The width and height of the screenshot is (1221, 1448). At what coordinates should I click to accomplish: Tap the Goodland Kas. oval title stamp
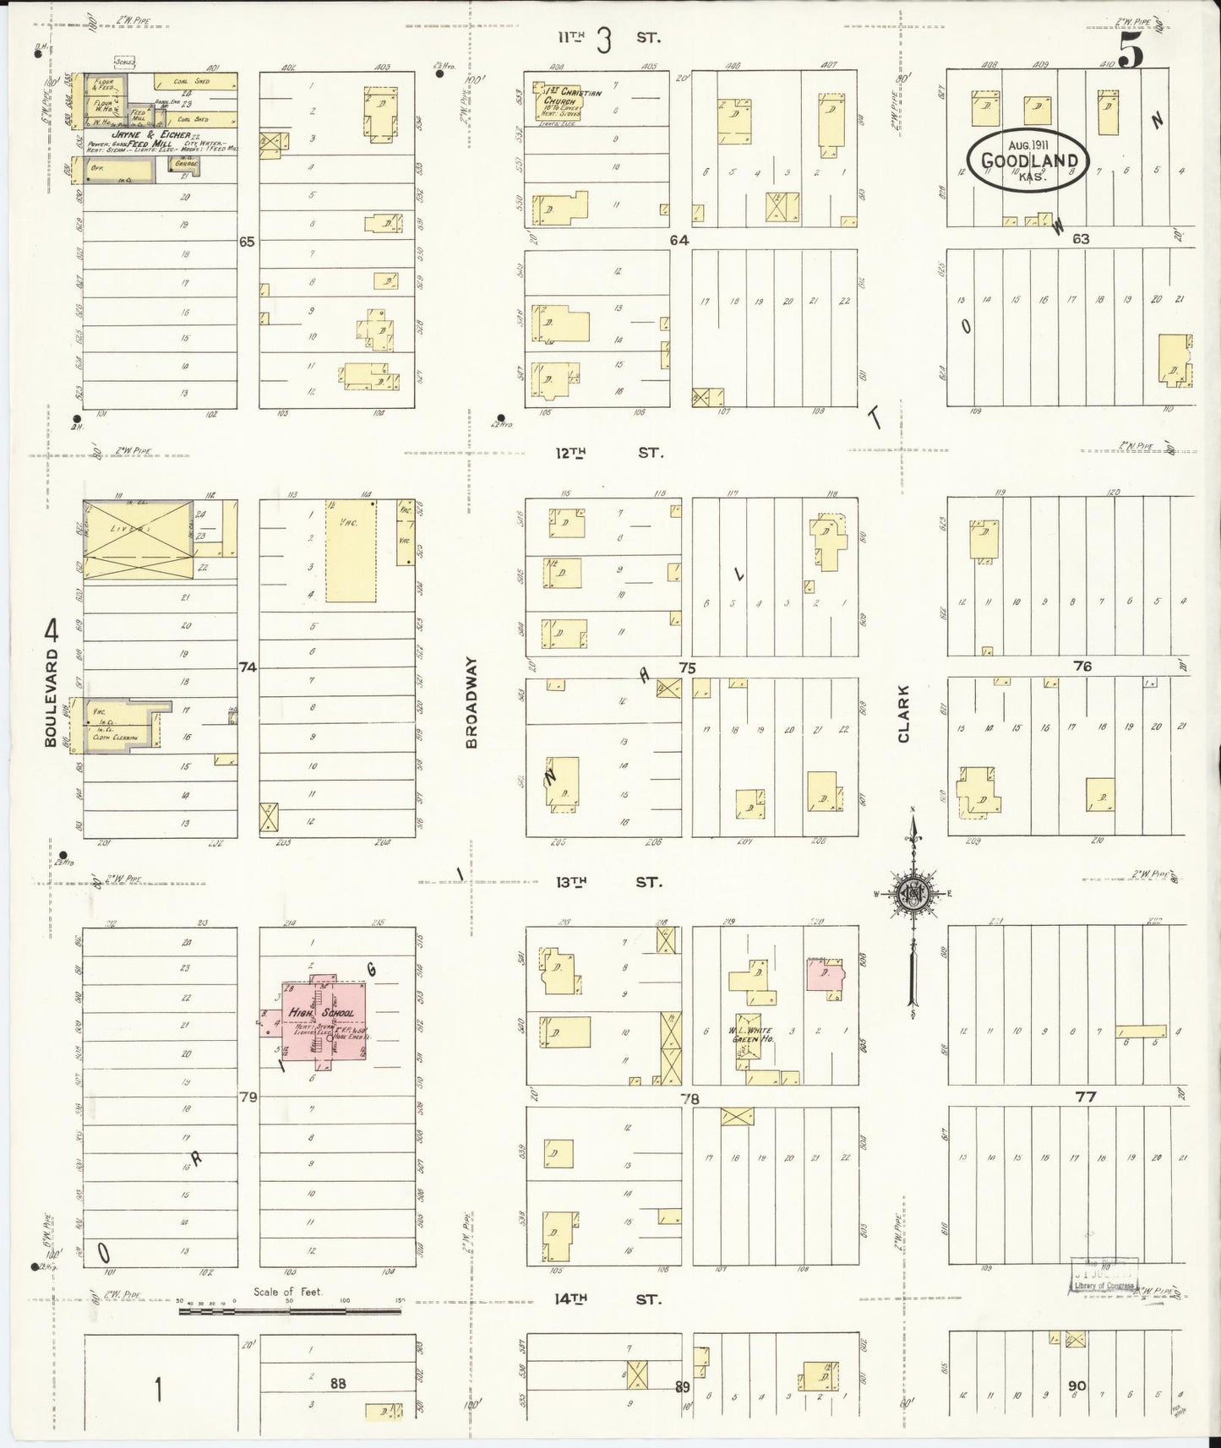point(1028,160)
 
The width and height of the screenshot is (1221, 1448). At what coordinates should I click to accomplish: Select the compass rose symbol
point(913,897)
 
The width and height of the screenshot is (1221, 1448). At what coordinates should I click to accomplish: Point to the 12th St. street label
point(608,453)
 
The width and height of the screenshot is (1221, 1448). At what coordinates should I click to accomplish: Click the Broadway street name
point(472,703)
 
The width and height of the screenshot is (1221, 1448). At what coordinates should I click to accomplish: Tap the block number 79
point(248,1097)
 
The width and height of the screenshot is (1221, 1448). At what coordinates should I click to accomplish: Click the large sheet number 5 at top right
point(1132,52)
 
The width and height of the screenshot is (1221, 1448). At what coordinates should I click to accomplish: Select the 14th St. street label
point(608,1300)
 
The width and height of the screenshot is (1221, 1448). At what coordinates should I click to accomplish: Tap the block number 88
point(338,1383)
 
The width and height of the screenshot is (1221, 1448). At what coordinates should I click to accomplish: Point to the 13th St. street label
point(608,882)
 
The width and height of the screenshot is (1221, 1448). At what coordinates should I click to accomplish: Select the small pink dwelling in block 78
point(824,972)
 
